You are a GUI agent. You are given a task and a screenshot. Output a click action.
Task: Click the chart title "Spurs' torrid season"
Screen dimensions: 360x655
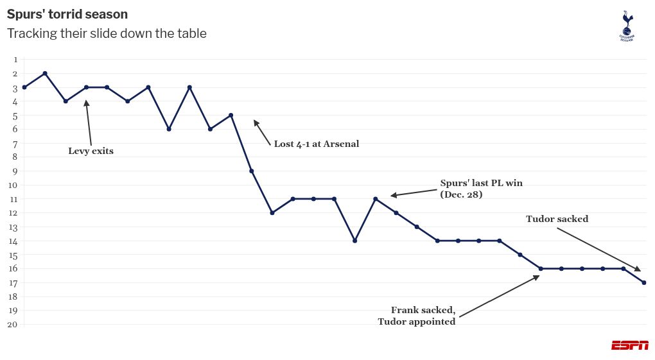point(67,14)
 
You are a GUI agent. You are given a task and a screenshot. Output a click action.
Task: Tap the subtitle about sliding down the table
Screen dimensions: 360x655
point(107,33)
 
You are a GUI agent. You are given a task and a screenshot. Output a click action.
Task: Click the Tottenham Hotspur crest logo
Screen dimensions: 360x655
point(626,26)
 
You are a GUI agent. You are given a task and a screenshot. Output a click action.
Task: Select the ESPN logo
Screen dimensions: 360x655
point(629,345)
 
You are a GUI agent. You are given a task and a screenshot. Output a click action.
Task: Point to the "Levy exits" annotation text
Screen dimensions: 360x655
point(91,151)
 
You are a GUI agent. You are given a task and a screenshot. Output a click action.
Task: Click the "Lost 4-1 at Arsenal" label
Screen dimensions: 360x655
point(317,144)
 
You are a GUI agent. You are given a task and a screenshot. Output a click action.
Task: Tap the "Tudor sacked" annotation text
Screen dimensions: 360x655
point(557,219)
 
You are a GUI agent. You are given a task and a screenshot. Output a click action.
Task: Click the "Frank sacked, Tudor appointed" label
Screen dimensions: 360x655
point(417,316)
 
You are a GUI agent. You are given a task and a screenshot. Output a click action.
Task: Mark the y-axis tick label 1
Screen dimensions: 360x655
point(14,60)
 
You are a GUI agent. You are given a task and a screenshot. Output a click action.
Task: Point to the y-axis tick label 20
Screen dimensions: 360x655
point(13,324)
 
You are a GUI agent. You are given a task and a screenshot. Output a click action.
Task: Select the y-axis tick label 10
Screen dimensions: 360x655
point(13,185)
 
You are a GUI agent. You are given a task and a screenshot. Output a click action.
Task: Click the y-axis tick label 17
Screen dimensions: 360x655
point(13,282)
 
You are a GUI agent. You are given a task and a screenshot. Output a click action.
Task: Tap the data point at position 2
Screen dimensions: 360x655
point(45,73)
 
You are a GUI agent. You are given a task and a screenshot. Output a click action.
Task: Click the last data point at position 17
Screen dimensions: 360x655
point(643,282)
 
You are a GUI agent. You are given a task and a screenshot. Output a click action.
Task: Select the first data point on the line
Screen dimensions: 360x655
point(24,87)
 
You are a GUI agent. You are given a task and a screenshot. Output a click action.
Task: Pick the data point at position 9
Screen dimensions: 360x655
point(251,171)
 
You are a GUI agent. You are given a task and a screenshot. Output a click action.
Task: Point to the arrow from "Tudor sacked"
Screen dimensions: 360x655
point(597,249)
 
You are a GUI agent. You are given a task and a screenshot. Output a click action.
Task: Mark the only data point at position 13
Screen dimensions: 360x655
point(417,227)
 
